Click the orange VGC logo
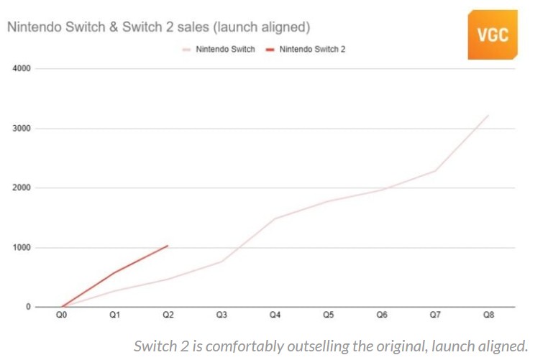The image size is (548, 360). [x=492, y=34]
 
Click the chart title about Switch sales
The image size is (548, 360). [x=158, y=27]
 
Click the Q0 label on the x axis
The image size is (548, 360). [x=63, y=315]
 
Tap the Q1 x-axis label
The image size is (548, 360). [x=116, y=315]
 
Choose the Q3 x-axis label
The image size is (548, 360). [x=222, y=315]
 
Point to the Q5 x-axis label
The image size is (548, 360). [x=329, y=315]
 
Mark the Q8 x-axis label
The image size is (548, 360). [x=488, y=315]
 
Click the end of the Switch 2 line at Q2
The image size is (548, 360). [x=168, y=246]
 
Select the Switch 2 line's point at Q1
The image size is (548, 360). [x=116, y=272]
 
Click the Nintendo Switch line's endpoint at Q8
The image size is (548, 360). [x=488, y=116]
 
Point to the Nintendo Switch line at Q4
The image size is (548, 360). [x=275, y=218]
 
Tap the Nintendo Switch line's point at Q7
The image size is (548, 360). [x=435, y=170]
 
